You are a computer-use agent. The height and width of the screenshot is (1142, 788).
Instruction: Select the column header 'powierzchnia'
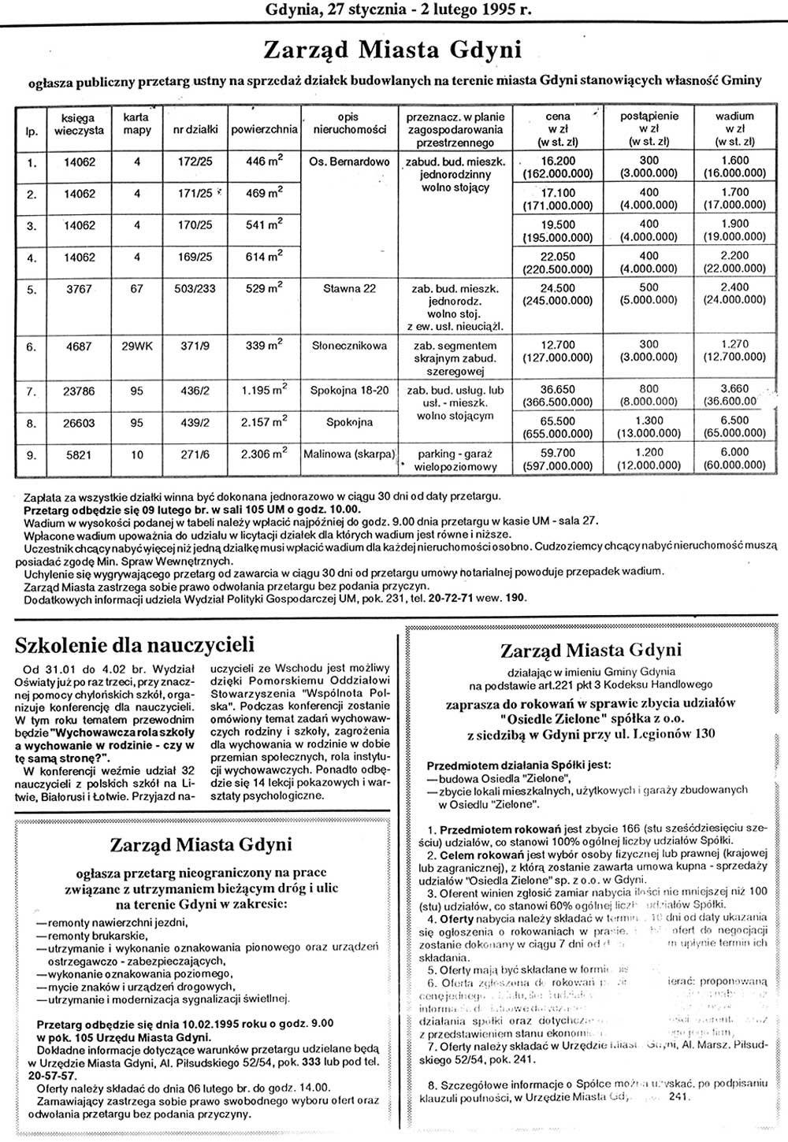(264, 129)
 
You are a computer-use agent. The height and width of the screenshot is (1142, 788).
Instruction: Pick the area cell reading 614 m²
(264, 257)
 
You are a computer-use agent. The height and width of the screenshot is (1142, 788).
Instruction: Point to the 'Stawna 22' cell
(349, 288)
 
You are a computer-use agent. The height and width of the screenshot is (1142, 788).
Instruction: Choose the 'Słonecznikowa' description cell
(349, 346)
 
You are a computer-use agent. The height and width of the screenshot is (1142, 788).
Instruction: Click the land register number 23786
(80, 391)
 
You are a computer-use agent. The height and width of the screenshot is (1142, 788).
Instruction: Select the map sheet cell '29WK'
(136, 346)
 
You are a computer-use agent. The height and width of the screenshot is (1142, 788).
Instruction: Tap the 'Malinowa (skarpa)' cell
(349, 454)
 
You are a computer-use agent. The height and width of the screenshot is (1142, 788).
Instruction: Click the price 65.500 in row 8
(558, 421)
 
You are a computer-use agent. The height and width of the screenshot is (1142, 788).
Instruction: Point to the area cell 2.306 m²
(264, 454)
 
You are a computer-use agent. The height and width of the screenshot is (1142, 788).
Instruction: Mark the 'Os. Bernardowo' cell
(349, 162)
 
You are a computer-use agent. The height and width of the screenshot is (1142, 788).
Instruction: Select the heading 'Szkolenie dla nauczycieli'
(135, 646)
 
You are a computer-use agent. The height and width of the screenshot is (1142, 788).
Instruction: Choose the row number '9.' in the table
(32, 454)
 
